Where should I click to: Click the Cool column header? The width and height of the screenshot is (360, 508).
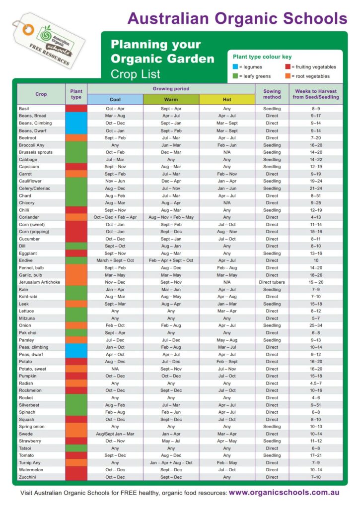(x=115, y=99)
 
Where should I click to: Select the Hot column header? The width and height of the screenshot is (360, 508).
(x=227, y=99)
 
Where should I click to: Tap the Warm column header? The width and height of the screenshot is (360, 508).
(x=171, y=99)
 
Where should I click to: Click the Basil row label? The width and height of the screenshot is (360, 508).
(x=24, y=109)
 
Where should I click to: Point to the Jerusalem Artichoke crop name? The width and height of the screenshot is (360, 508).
(x=39, y=282)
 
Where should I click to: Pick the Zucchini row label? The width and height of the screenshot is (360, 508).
(x=27, y=477)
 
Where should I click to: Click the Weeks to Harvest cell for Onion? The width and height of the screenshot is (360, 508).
(x=316, y=325)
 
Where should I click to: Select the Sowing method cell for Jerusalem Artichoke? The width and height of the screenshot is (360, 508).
(x=272, y=282)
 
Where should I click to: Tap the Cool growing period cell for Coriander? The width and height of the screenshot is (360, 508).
(x=115, y=217)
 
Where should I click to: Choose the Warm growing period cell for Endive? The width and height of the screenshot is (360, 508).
(x=171, y=260)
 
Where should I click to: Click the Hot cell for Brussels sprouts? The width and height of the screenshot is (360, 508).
(x=227, y=152)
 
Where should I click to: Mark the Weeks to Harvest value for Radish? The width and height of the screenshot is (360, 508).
(x=316, y=383)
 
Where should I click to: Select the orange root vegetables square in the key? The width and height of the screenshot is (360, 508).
(x=288, y=76)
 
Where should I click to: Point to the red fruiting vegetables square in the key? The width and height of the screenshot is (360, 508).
(x=288, y=67)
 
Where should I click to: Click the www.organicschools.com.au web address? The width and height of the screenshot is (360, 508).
(x=284, y=493)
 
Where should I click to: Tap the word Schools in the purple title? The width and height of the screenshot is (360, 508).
(x=308, y=18)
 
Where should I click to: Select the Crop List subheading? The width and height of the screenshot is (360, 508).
(x=136, y=74)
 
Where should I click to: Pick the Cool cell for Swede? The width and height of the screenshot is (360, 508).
(x=115, y=434)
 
